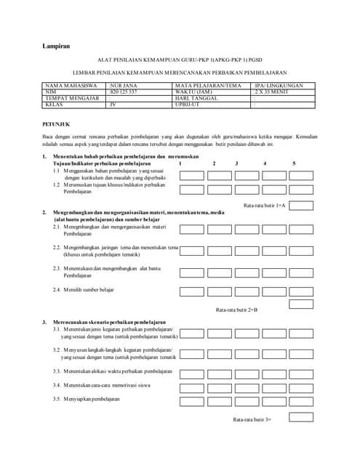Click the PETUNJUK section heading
click(x=55, y=124)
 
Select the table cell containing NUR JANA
click(x=122, y=86)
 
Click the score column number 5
click(x=294, y=163)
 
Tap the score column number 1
click(x=180, y=163)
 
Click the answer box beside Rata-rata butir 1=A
click(x=301, y=206)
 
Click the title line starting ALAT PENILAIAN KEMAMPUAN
click(x=180, y=62)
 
